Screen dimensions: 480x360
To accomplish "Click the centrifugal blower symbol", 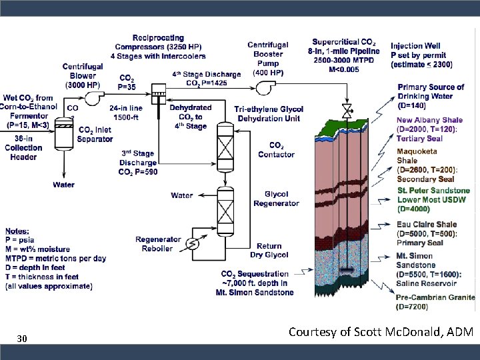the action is [93, 98].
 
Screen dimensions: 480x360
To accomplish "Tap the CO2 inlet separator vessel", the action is [64, 134].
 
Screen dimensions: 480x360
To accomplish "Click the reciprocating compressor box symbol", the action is [159, 94].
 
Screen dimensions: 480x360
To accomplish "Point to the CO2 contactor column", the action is [225, 147].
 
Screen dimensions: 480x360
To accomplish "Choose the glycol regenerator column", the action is [225, 211].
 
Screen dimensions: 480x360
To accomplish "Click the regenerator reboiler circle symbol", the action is [193, 244].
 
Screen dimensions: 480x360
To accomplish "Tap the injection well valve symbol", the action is [347, 111].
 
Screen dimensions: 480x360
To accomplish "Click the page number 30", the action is [22, 339].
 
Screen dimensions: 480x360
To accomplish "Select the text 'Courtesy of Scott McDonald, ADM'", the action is [381, 332].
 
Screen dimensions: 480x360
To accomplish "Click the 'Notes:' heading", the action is [17, 231].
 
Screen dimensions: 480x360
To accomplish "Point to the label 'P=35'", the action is [127, 87].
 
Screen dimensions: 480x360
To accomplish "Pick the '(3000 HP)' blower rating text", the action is [83, 85].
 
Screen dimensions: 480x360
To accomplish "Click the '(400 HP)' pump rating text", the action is [268, 73].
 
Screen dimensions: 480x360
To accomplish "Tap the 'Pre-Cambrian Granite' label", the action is [435, 297].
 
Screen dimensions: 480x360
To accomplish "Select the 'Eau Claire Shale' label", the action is [427, 225].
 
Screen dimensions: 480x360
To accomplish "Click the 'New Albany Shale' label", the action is [429, 120].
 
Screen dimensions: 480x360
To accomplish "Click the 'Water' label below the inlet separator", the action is [64, 185].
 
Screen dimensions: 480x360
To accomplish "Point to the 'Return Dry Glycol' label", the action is [269, 251].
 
